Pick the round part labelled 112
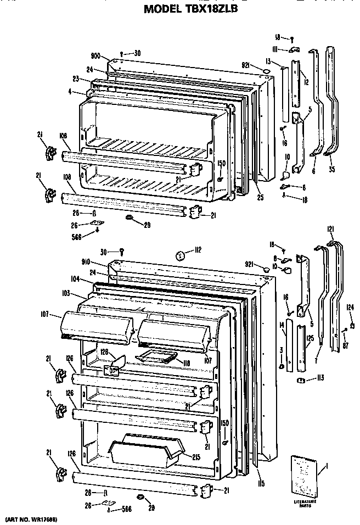coord(179,255)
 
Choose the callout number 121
coord(331,228)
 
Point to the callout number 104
coord(76,279)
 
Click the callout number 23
coord(76,79)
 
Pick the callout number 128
coord(103,351)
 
